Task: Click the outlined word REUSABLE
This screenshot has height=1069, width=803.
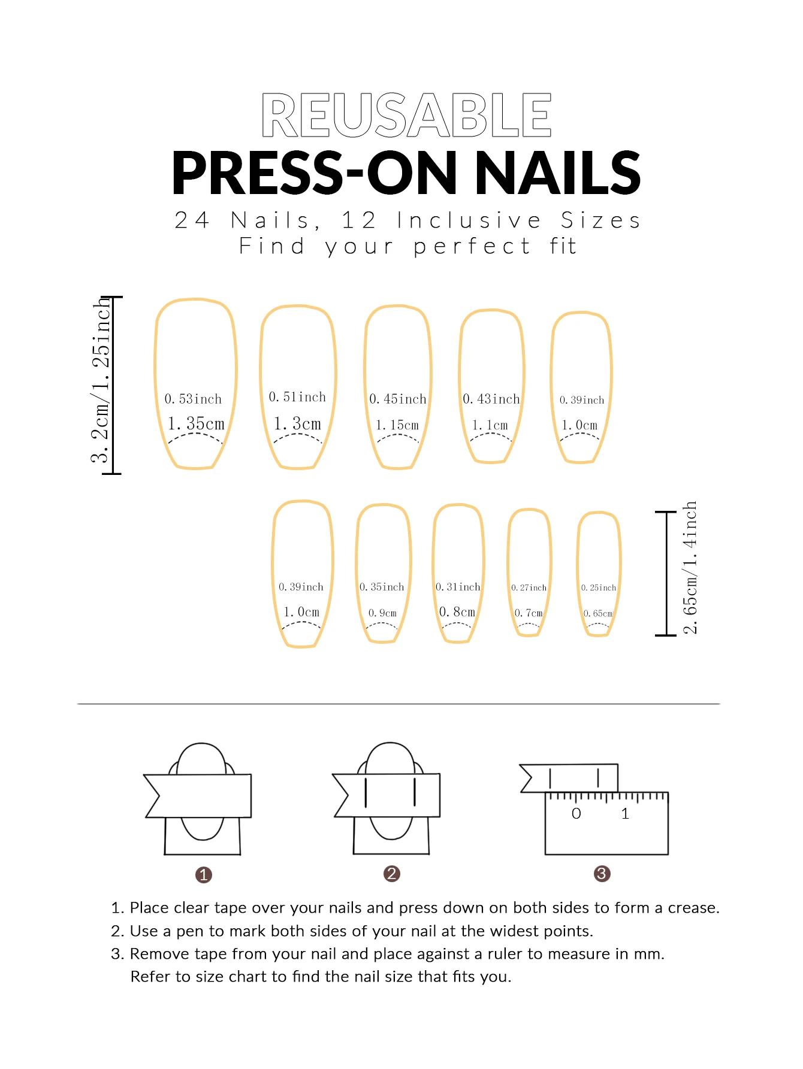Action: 406,114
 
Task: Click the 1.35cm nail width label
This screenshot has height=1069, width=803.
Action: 196,423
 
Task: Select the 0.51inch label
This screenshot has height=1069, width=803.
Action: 297,397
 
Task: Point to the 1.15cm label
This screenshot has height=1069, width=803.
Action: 397,425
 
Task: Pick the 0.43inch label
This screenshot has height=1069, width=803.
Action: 491,399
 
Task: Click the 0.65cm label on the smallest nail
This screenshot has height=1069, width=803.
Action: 598,613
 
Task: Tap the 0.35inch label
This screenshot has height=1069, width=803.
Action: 382,587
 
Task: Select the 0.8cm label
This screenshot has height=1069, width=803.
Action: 457,611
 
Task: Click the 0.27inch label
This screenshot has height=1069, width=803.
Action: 529,588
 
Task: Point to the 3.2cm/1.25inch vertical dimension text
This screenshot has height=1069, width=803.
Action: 101,382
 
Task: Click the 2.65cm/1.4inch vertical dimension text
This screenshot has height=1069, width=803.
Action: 690,568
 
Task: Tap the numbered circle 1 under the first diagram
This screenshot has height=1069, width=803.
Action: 204,875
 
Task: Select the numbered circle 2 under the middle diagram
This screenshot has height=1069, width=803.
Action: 392,874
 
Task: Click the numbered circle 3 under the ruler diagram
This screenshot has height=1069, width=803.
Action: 602,874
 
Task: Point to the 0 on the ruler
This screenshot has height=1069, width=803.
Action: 576,813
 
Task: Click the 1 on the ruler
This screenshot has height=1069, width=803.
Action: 625,813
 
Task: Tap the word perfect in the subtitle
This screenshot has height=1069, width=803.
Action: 472,247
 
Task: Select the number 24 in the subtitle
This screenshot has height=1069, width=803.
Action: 192,220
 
